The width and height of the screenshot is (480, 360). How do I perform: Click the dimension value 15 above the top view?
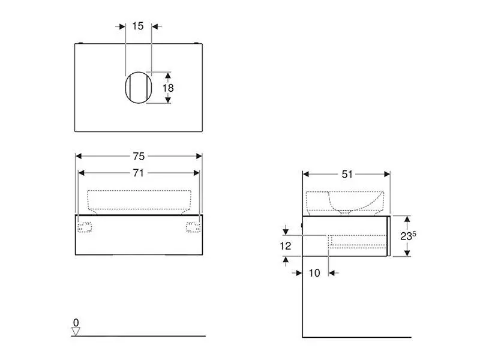pyautogui.click(x=138, y=26)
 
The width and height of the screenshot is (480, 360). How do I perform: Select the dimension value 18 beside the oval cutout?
pyautogui.click(x=169, y=88)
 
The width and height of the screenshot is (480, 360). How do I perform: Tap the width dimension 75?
pyautogui.click(x=139, y=156)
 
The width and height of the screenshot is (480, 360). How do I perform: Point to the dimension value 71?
pyautogui.click(x=139, y=173)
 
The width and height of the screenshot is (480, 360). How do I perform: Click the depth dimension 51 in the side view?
pyautogui.click(x=346, y=174)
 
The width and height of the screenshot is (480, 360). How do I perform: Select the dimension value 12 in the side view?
pyautogui.click(x=286, y=245)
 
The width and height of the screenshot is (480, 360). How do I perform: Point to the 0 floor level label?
pyautogui.click(x=76, y=323)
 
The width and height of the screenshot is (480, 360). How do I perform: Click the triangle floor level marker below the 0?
pyautogui.click(x=76, y=331)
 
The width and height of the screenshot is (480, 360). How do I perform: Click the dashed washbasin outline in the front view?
pyautogui.click(x=139, y=200)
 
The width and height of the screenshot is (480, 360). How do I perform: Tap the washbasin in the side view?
pyautogui.click(x=344, y=203)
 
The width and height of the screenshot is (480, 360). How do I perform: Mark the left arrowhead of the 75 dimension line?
pyautogui.click(x=78, y=156)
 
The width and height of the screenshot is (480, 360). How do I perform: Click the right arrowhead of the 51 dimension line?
pyautogui.click(x=388, y=174)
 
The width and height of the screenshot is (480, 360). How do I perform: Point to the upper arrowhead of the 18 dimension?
pyautogui.click(x=169, y=75)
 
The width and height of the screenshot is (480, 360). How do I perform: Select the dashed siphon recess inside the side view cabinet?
pyautogui.click(x=358, y=239)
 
